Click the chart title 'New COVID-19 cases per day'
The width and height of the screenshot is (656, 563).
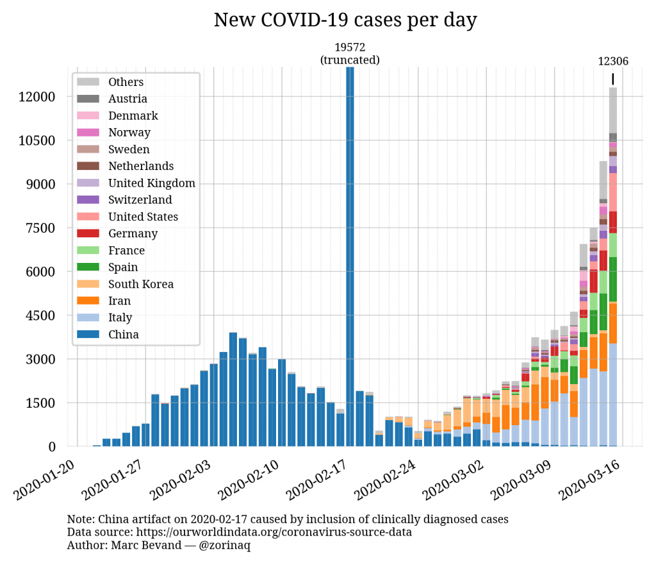click(345, 21)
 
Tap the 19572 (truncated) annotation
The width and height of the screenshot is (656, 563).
click(350, 54)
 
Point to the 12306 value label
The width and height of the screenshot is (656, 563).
click(613, 62)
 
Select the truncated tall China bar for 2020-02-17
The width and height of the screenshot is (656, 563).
click(350, 256)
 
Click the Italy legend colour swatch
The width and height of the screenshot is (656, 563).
click(88, 317)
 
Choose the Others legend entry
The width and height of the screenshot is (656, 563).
click(126, 82)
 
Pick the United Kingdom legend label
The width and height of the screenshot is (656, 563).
click(152, 183)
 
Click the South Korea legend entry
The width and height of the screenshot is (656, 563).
click(141, 284)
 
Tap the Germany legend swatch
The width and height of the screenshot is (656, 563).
click(88, 233)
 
